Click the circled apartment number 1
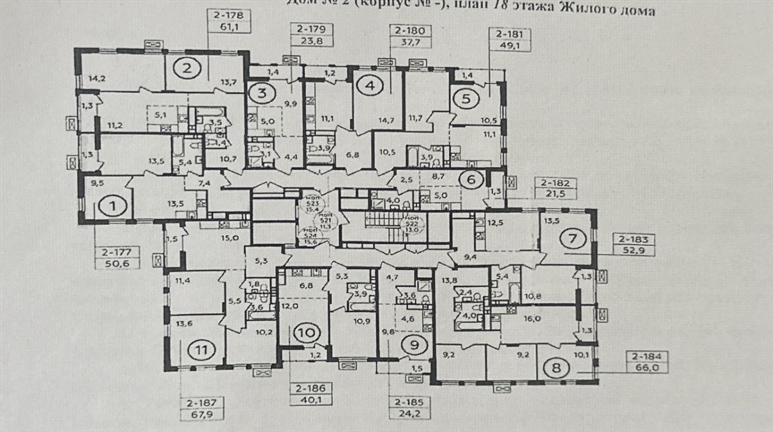[112, 205]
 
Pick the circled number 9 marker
[414, 345]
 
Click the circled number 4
[369, 86]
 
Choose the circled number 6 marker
[470, 179]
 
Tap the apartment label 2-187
[199, 403]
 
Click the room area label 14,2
[96, 78]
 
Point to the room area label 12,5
[495, 222]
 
